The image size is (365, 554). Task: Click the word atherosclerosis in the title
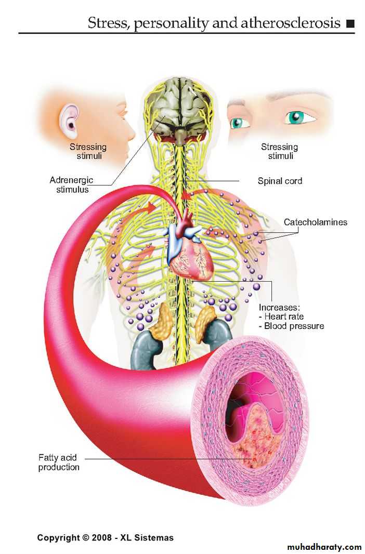[x=290, y=23]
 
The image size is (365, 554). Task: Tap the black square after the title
[x=350, y=24]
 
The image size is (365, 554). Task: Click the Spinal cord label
[x=280, y=181]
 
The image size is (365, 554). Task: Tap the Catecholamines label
[x=316, y=222]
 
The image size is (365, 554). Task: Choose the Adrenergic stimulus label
[x=71, y=185]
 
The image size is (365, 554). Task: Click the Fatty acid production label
[x=59, y=463]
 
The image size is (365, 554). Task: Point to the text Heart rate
[x=284, y=316]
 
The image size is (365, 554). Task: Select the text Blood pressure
[x=294, y=326]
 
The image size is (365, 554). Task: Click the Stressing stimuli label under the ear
[x=88, y=152]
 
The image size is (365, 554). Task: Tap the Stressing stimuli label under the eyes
[x=280, y=152]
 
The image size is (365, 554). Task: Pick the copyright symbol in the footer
[x=85, y=538]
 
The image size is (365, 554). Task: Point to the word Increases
[x=279, y=307]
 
